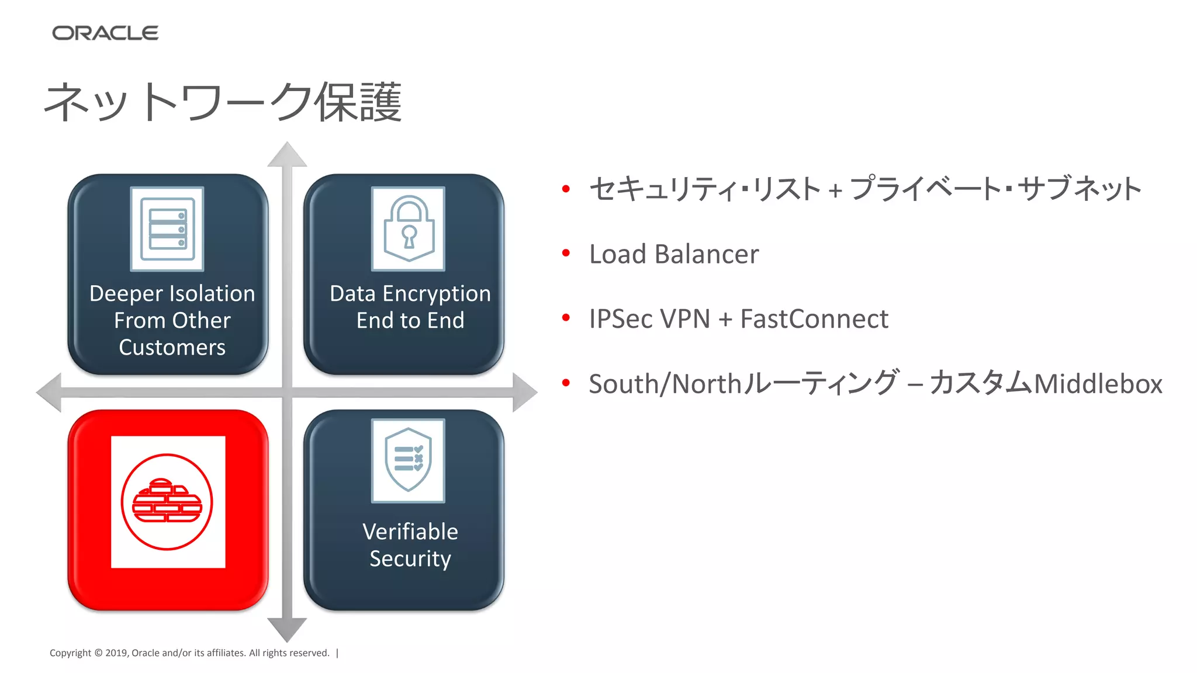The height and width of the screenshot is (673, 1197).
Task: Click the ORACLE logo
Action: coord(105,33)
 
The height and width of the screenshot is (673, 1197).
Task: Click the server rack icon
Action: coord(167,229)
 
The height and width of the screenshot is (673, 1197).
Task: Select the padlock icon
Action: coord(409,229)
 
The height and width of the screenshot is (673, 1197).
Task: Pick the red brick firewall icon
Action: coord(167,502)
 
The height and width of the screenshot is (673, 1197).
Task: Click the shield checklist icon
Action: coord(409,460)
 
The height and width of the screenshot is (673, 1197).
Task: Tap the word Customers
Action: coord(172,348)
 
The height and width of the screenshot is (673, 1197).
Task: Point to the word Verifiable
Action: coord(410,532)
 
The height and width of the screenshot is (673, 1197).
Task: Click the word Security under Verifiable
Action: coord(410,558)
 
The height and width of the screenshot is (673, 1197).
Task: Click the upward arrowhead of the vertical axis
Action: coord(287,155)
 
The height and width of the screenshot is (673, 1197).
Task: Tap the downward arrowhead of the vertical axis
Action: coord(287,630)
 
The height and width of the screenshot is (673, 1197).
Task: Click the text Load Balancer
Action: coord(673,254)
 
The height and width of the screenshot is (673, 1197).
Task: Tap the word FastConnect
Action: coord(814,319)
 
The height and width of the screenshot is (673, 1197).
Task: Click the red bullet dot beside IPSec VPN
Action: coord(565,318)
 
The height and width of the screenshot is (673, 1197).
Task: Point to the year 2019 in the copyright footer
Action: coord(116,653)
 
